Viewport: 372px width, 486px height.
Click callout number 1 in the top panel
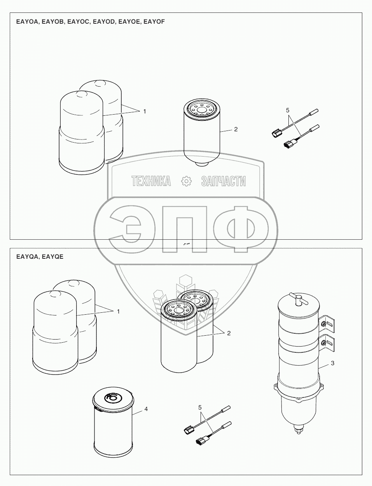point(145,111)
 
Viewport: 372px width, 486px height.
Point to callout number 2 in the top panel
point(236,129)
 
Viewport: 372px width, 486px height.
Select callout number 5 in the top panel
point(288,110)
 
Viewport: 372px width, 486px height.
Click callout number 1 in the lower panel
point(118,312)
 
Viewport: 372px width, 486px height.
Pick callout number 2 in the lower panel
point(229,333)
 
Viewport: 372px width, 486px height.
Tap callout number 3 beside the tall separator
point(332,363)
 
